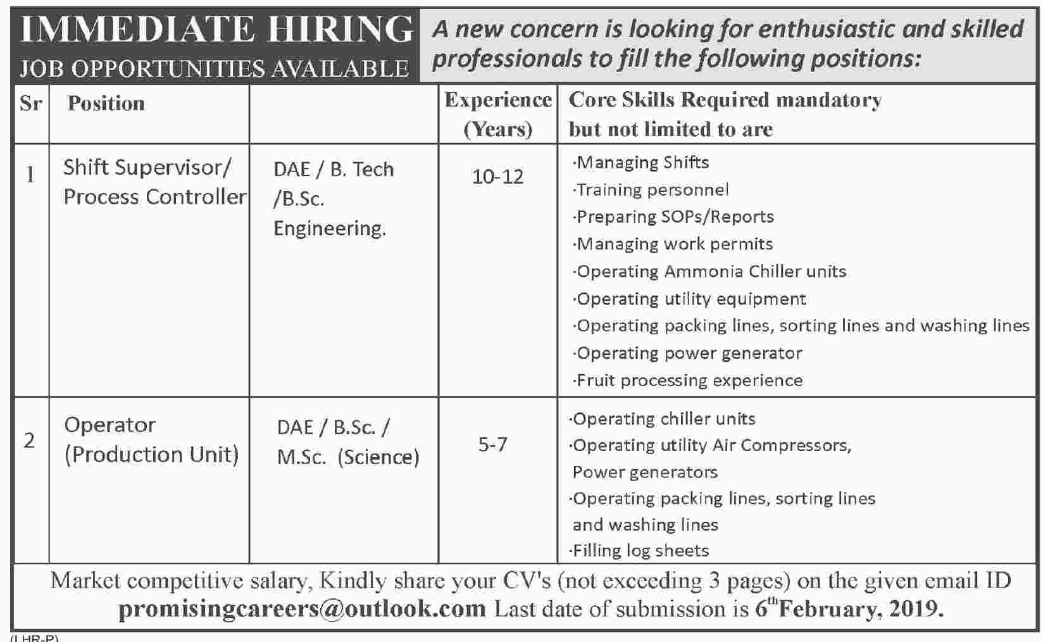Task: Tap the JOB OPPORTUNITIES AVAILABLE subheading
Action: point(214,68)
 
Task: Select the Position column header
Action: point(106,103)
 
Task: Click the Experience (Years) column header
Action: point(498,114)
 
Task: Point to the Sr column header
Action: point(30,103)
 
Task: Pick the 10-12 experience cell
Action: point(497,177)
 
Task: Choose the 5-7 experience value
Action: point(492,444)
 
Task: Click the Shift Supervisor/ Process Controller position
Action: point(154,182)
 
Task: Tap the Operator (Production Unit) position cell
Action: point(151,439)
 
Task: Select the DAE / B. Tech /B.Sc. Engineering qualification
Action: point(333,199)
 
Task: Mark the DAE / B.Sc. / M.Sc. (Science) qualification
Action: point(347,442)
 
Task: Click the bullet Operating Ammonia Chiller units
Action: point(711,272)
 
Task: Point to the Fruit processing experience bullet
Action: point(689,381)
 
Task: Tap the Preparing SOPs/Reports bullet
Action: point(675,217)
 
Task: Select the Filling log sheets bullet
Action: point(640,551)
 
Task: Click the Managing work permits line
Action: point(674,244)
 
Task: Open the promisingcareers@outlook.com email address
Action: point(302,608)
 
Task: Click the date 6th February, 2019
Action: point(849,608)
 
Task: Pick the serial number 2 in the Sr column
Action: point(30,441)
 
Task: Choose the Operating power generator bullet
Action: point(689,353)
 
